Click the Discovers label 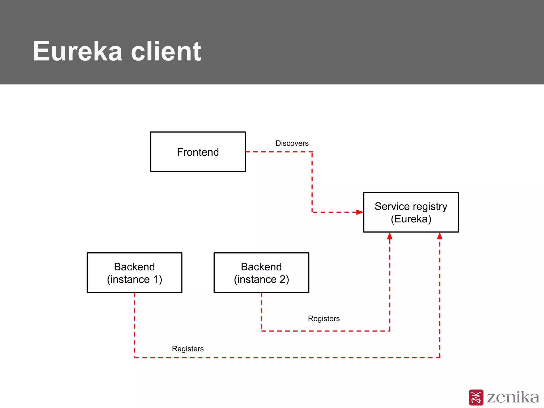[x=292, y=143]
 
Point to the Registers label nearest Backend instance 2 [x=324, y=318]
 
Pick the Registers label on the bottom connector [x=188, y=349]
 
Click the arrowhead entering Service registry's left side [x=360, y=212]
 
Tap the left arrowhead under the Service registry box [x=390, y=236]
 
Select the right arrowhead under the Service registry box [x=440, y=236]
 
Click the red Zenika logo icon [x=476, y=397]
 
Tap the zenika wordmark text [x=513, y=397]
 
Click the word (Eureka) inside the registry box [x=411, y=219]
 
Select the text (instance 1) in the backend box [x=134, y=279]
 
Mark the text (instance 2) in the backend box [x=261, y=279]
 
